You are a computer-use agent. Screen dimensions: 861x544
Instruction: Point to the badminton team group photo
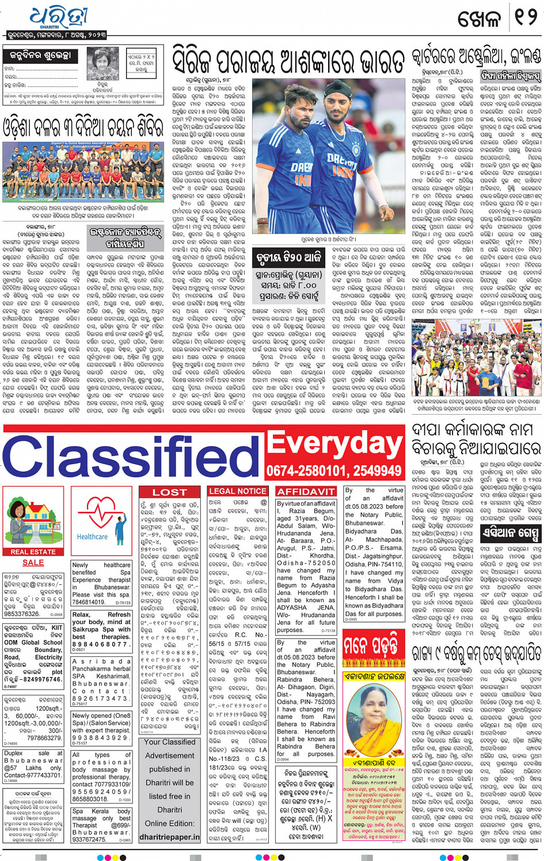(x=83, y=171)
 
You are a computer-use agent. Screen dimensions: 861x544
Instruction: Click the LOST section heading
(x=169, y=492)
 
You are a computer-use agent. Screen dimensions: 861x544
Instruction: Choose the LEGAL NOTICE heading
(x=237, y=491)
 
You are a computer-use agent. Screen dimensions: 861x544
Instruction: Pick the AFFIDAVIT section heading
(x=306, y=492)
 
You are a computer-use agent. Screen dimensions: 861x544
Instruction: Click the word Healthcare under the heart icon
(x=92, y=537)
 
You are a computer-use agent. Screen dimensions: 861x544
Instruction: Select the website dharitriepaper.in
(x=170, y=837)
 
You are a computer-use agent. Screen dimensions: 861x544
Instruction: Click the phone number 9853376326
(x=22, y=614)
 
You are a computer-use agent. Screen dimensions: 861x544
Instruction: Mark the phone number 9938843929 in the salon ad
(x=100, y=738)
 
